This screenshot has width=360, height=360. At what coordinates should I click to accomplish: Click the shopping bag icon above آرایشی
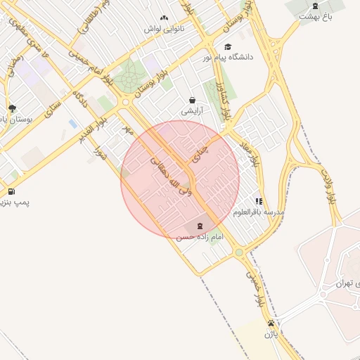coord(192,100)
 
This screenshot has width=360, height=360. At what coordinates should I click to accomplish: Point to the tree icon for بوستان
coord(12,108)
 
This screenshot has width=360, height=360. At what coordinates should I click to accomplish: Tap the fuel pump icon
coord(11,191)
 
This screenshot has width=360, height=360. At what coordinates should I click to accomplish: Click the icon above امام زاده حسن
coord(200,226)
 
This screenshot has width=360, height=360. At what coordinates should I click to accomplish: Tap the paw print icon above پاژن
coord(271,323)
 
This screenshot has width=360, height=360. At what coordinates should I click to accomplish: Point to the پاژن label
coord(271,335)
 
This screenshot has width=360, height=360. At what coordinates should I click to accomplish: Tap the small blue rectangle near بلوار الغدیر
coord(72,124)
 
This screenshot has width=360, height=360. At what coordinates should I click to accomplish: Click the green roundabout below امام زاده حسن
coord(239,252)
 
